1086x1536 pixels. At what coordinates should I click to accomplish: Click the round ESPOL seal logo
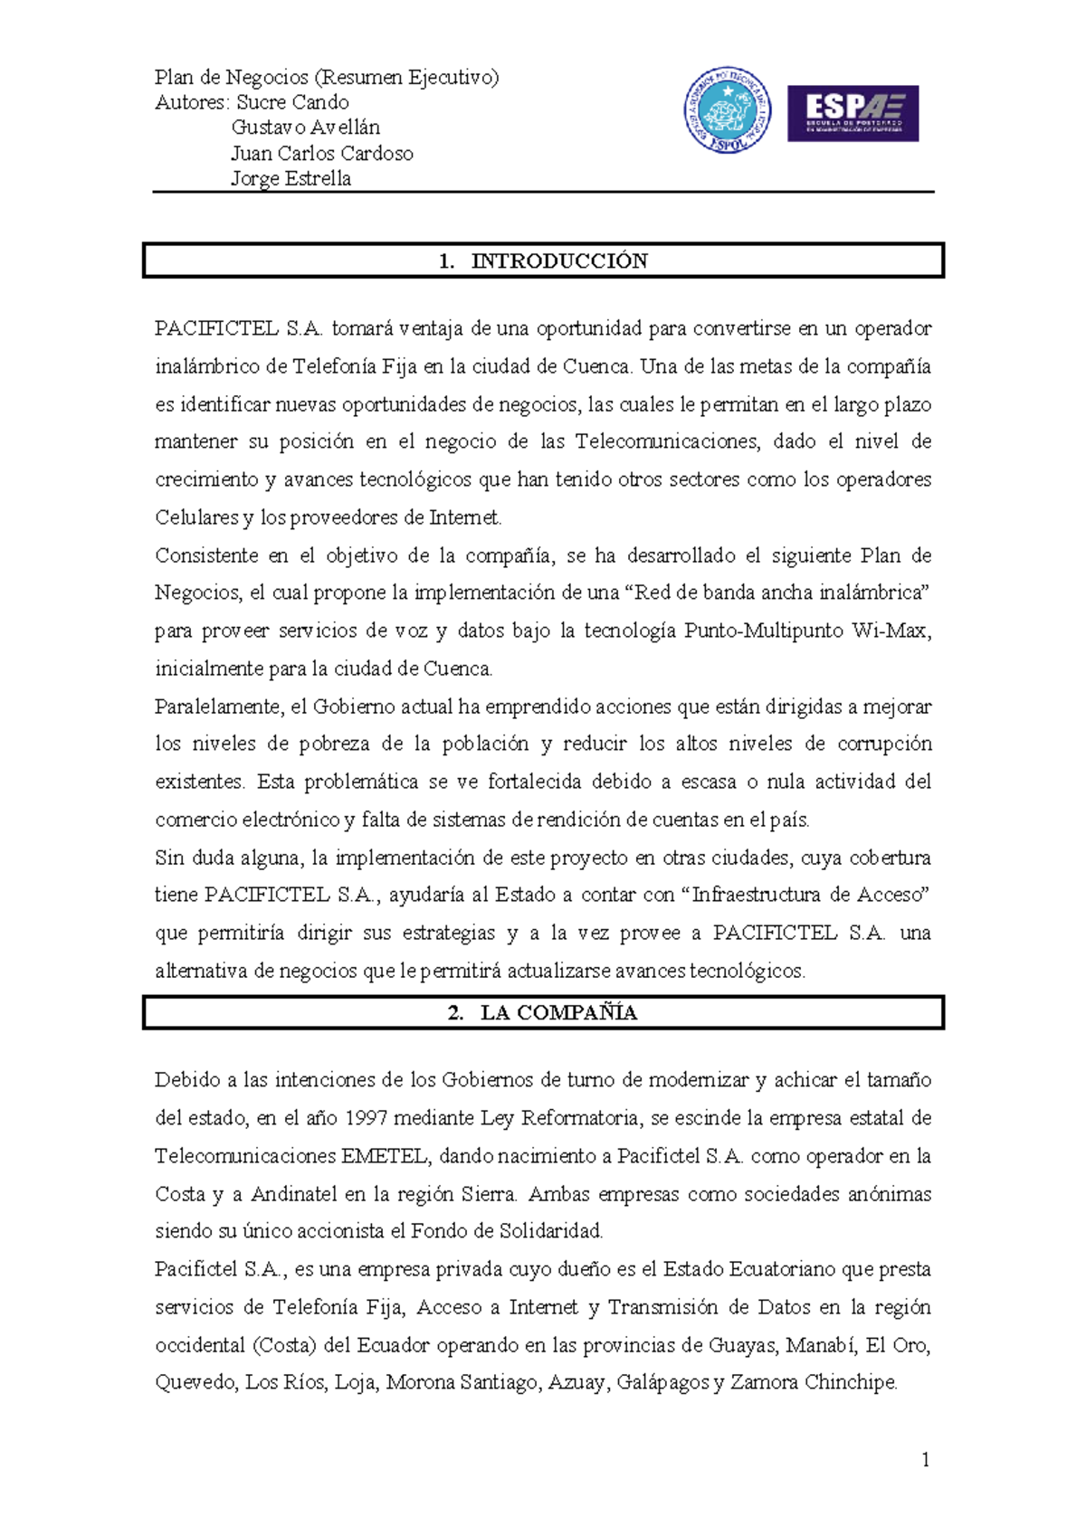727,110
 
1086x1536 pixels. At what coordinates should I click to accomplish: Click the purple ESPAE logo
853,113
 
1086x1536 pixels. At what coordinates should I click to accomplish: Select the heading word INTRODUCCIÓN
559,261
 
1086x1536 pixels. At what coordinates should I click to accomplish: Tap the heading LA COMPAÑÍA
558,1013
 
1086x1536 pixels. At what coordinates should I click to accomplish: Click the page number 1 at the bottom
925,1459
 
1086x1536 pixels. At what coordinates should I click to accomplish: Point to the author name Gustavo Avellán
305,128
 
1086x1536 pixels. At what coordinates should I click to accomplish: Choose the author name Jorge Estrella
291,178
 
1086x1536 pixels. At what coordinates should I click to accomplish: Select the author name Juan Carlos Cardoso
321,153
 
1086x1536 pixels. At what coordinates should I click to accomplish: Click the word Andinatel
294,1194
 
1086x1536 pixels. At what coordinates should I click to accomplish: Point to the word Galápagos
662,1383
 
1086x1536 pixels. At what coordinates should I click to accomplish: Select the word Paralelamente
217,706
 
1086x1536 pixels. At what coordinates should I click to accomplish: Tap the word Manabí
820,1345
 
